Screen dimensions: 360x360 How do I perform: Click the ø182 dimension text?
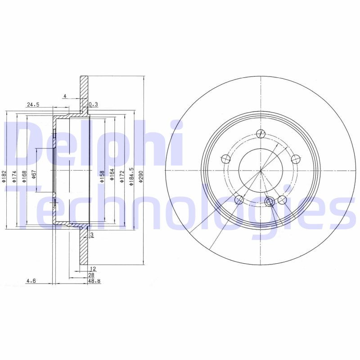(4, 176)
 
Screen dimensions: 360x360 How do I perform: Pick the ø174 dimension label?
(14, 176)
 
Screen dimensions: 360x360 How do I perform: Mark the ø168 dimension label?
(24, 176)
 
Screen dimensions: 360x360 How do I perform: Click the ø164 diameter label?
(112, 176)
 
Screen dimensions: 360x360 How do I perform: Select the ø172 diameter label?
(121, 176)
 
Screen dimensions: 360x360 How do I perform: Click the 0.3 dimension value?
(93, 104)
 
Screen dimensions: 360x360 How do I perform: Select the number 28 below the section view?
(91, 274)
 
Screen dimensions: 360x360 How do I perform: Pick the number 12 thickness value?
(93, 269)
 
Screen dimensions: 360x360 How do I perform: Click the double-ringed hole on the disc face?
(270, 201)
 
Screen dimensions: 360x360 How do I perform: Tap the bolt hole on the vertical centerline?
(261, 133)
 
